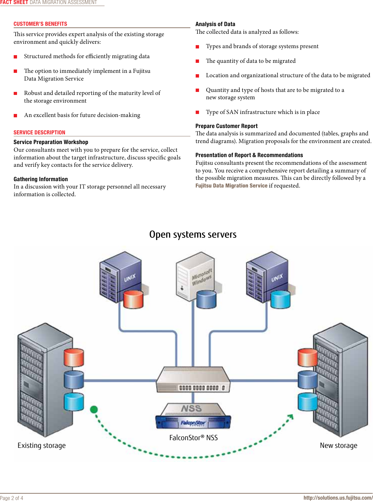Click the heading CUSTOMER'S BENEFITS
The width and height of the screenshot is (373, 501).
(40, 24)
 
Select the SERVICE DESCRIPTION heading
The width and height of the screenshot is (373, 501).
(39, 132)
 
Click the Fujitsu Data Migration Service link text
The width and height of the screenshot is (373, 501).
(231, 185)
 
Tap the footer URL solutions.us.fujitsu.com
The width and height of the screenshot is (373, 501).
(338, 498)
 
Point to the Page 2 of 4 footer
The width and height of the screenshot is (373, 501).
(12, 498)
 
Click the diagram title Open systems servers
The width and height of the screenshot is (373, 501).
(193, 234)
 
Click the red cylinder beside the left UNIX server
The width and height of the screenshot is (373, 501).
(133, 299)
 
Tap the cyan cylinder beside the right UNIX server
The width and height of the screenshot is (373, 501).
(281, 299)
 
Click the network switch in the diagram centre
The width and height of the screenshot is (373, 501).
(193, 380)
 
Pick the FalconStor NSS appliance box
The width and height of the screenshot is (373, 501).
(193, 416)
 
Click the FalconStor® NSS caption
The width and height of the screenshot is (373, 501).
(193, 437)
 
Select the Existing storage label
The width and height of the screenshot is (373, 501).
(42, 445)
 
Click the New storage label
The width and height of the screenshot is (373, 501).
(338, 445)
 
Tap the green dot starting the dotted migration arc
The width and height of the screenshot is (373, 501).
(94, 409)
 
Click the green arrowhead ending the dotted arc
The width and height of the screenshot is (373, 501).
(291, 416)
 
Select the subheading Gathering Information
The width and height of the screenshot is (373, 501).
(41, 179)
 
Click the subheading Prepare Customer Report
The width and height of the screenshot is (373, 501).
(226, 126)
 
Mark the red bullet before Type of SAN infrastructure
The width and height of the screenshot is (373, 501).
(197, 112)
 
